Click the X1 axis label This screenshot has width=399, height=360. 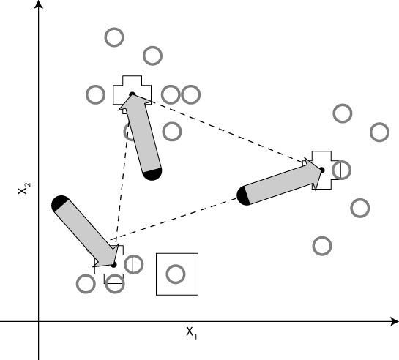(192, 333)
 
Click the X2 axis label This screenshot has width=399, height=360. (24, 188)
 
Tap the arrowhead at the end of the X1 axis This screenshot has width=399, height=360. (395, 322)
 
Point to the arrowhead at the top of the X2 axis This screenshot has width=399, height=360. (38, 4)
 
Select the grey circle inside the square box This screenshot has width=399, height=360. (176, 274)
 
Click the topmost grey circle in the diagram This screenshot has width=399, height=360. (114, 37)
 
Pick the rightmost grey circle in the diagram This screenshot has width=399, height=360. (379, 132)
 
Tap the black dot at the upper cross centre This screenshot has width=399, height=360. (132, 94)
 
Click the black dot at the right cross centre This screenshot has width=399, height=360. (322, 170)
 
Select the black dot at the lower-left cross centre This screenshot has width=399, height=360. (113, 265)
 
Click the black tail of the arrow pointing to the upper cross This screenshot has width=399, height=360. (152, 174)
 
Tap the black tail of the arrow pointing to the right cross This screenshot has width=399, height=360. (242, 196)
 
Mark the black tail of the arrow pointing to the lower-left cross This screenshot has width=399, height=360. (59, 203)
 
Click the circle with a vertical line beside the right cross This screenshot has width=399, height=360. (341, 170)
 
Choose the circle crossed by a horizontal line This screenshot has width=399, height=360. (115, 284)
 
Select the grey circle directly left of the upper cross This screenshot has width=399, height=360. (95, 94)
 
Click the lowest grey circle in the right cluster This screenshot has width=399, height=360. (322, 246)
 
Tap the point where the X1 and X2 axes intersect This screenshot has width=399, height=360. (38, 322)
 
